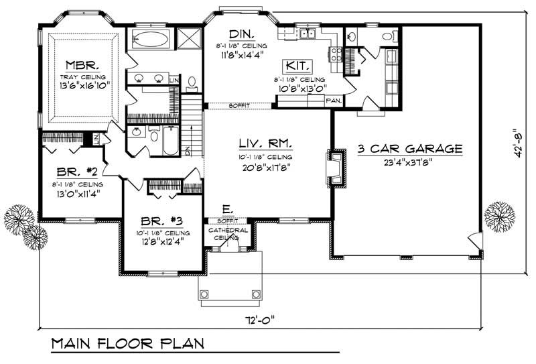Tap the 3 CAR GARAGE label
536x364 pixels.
click(x=409, y=148)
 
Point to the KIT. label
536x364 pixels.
click(x=296, y=66)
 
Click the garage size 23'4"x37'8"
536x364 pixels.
click(x=409, y=162)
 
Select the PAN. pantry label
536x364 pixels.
click(x=334, y=101)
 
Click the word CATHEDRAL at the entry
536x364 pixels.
click(x=228, y=230)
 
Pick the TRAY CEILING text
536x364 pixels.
click(x=83, y=78)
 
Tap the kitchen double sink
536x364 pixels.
click(x=308, y=34)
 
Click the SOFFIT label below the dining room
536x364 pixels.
click(x=238, y=105)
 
